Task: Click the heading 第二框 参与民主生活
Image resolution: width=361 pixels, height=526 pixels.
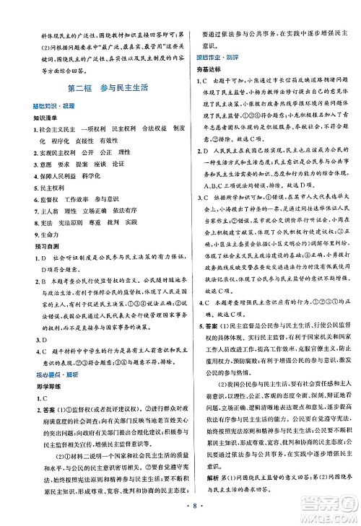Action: (x=95, y=89)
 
